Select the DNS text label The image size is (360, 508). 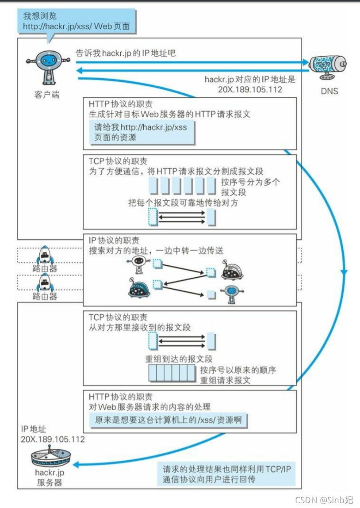point(329,92)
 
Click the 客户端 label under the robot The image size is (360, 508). point(46,95)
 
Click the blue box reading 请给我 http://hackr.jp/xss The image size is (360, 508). point(142,132)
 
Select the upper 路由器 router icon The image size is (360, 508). point(45,255)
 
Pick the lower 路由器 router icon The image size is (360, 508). point(45,283)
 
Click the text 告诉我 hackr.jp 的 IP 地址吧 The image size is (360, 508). point(126,53)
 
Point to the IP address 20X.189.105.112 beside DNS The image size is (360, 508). point(250,90)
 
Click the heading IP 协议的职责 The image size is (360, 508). point(114,241)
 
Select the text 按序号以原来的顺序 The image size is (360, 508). point(238,370)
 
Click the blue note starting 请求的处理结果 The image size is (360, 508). point(226,474)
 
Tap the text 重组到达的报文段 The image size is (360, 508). point(179,358)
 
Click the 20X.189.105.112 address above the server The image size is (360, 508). point(53,439)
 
